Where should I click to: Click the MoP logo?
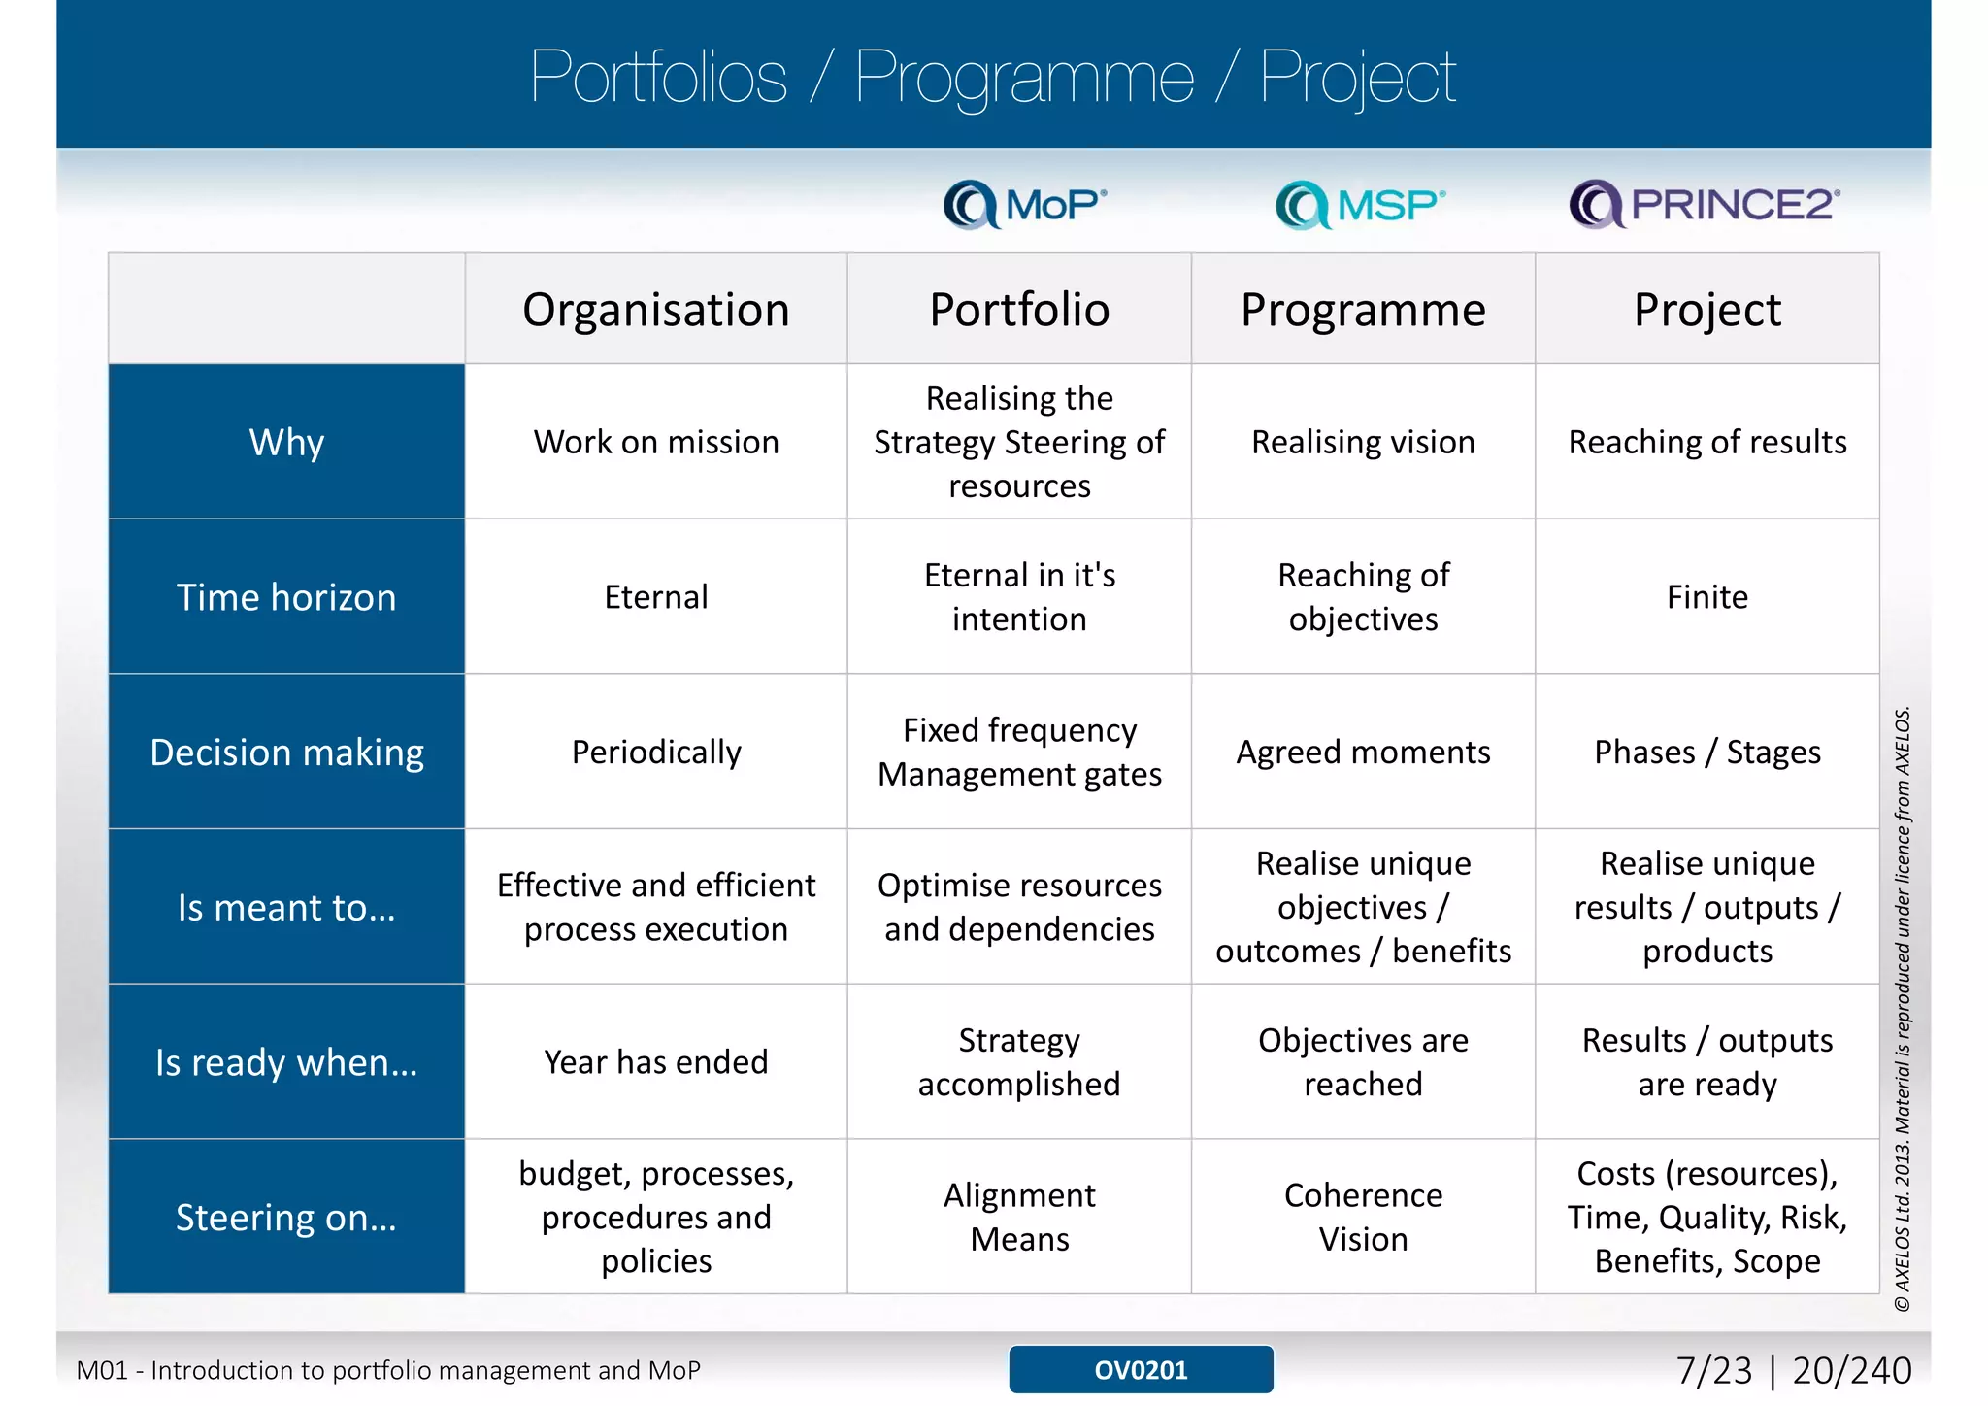pos(1025,204)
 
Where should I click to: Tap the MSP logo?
pos(1360,204)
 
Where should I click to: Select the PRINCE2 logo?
pos(1705,204)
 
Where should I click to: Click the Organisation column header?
pos(656,310)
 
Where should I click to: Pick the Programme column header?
pos(1363,310)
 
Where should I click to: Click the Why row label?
pos(286,442)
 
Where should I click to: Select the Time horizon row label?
pos(286,596)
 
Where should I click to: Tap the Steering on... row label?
pos(286,1217)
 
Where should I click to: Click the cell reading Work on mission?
pos(656,442)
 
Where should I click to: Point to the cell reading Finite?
pos(1706,596)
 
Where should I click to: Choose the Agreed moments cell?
pos(1363,752)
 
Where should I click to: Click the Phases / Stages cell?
pos(1706,752)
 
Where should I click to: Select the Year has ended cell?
pos(656,1061)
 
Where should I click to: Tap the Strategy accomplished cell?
pos(1019,1061)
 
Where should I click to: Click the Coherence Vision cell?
pos(1363,1217)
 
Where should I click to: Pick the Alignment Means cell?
pos(1019,1217)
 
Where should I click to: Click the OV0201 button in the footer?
pos(1141,1369)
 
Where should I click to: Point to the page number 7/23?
pos(1714,1370)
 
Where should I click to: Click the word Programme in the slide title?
pos(1024,78)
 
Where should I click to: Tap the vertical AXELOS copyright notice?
pos(1903,1010)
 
